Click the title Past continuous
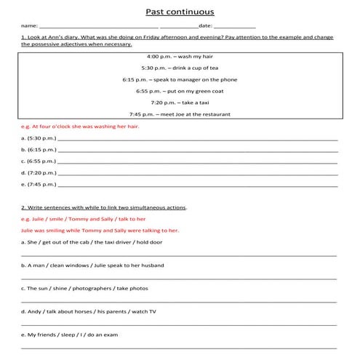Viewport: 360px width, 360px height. point(180,12)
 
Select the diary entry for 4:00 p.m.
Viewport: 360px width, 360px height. point(179,56)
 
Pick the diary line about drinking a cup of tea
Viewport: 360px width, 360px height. point(179,68)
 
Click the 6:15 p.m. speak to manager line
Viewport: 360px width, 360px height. point(179,79)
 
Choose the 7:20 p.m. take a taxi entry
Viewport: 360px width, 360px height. point(179,103)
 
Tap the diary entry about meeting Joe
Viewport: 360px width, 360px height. point(179,114)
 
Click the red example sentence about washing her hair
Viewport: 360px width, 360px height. point(80,126)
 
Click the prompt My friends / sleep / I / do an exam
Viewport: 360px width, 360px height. point(70,335)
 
